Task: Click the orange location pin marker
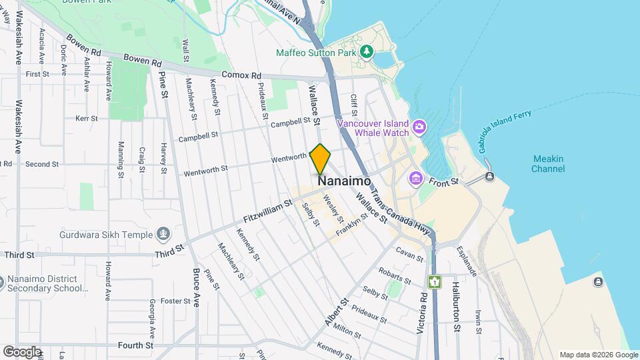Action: click(321, 159)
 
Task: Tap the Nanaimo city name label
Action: click(344, 181)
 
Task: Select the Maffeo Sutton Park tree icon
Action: click(366, 51)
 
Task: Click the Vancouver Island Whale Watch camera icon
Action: click(419, 127)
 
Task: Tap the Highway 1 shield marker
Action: click(435, 282)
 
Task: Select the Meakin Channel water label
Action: click(548, 163)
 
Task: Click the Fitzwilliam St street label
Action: click(268, 211)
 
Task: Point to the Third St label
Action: click(19, 255)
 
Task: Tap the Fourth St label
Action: click(135, 345)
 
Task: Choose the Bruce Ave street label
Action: click(196, 287)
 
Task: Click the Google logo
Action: click(22, 351)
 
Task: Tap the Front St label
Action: click(444, 181)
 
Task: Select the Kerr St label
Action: click(87, 118)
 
